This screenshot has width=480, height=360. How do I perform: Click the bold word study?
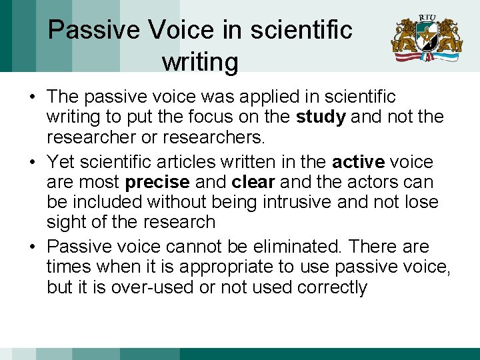321,118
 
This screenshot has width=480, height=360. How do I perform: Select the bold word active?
359,162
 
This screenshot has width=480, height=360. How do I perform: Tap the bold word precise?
153,182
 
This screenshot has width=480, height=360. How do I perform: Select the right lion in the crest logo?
448,37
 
